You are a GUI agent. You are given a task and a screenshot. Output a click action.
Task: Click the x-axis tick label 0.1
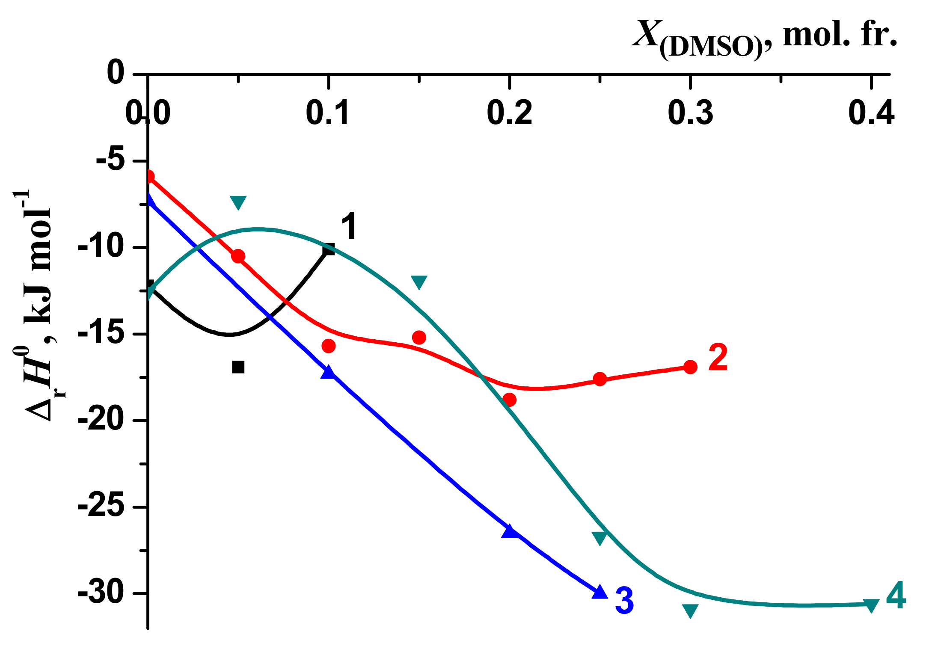click(328, 113)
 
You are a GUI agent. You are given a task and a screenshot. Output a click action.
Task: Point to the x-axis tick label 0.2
click(509, 113)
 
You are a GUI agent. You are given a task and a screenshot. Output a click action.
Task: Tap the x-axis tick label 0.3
click(690, 113)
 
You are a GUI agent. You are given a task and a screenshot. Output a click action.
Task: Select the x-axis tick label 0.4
click(871, 113)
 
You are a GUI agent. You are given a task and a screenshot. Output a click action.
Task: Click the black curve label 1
click(349, 227)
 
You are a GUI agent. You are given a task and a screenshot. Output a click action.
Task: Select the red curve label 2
click(718, 358)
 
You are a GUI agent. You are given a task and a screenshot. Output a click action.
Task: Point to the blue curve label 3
click(624, 601)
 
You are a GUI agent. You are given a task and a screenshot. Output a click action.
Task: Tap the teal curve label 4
click(896, 596)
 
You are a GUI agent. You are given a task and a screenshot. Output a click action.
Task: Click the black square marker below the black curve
click(238, 367)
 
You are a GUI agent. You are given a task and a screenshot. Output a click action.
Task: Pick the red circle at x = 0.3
click(690, 367)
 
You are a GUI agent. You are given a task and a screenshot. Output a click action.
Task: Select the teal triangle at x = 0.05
click(238, 202)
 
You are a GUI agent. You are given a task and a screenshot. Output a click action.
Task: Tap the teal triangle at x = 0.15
click(419, 282)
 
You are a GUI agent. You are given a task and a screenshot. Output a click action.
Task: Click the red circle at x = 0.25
click(600, 379)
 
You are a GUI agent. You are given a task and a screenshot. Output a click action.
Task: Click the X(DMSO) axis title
click(764, 39)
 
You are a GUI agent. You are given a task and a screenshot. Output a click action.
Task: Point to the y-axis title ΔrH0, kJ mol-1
click(39, 306)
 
